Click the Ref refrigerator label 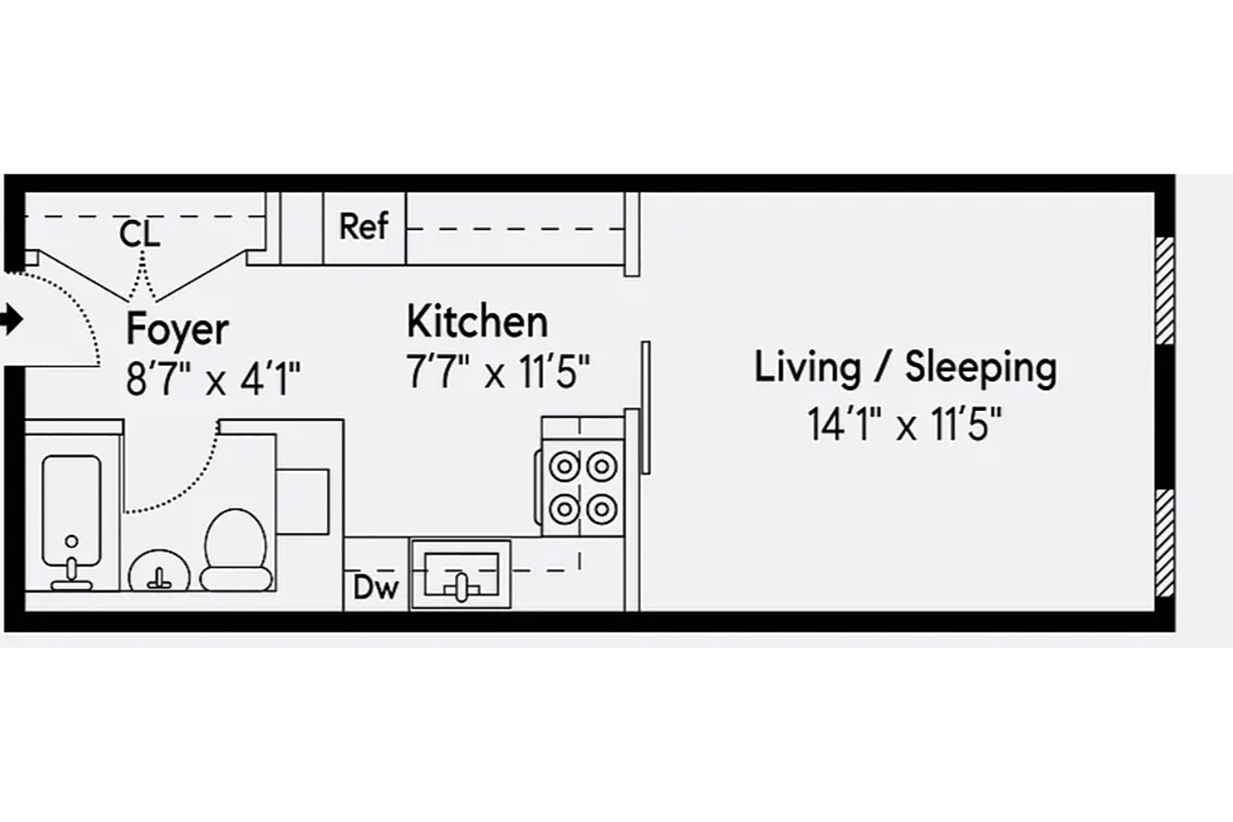[x=364, y=226]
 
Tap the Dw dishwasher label [x=375, y=587]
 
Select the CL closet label [x=140, y=234]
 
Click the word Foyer [x=177, y=329]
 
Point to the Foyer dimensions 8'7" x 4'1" [x=213, y=379]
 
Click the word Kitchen [x=477, y=321]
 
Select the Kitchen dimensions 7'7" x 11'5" [x=498, y=372]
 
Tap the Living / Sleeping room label [x=905, y=367]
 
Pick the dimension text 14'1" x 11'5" [x=905, y=424]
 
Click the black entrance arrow [x=12, y=319]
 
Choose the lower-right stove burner [x=601, y=509]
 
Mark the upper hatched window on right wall [x=1164, y=290]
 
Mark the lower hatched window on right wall [x=1164, y=542]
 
